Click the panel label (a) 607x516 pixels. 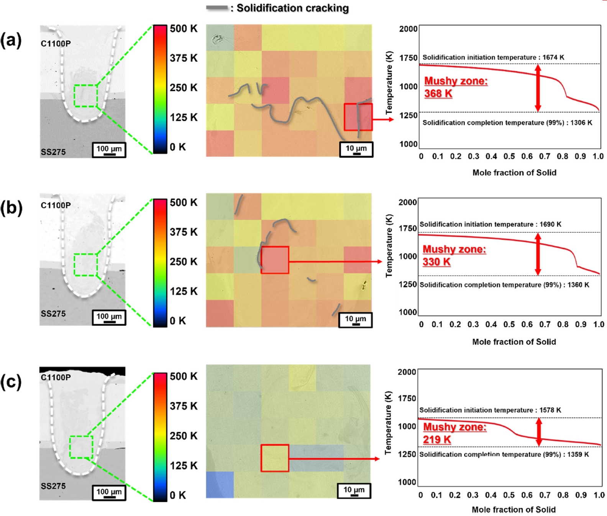(11, 40)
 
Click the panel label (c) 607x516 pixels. (11, 382)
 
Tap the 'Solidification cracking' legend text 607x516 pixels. (292, 8)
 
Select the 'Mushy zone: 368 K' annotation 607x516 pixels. (456, 87)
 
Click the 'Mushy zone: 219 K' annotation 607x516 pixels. (454, 433)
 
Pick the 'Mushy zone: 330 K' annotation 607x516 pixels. (454, 255)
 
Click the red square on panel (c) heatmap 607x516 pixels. (275, 458)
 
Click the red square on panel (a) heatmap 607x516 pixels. (358, 117)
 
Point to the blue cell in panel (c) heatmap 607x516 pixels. (220, 485)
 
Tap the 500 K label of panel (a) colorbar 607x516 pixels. (184, 29)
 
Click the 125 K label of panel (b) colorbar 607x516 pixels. (184, 291)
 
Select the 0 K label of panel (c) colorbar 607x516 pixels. (178, 495)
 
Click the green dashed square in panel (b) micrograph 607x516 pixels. (85, 265)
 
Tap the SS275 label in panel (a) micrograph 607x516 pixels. (53, 152)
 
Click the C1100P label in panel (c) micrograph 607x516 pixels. (56, 377)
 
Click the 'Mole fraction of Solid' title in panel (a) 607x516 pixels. (514, 173)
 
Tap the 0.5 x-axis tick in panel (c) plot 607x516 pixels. (509, 495)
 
